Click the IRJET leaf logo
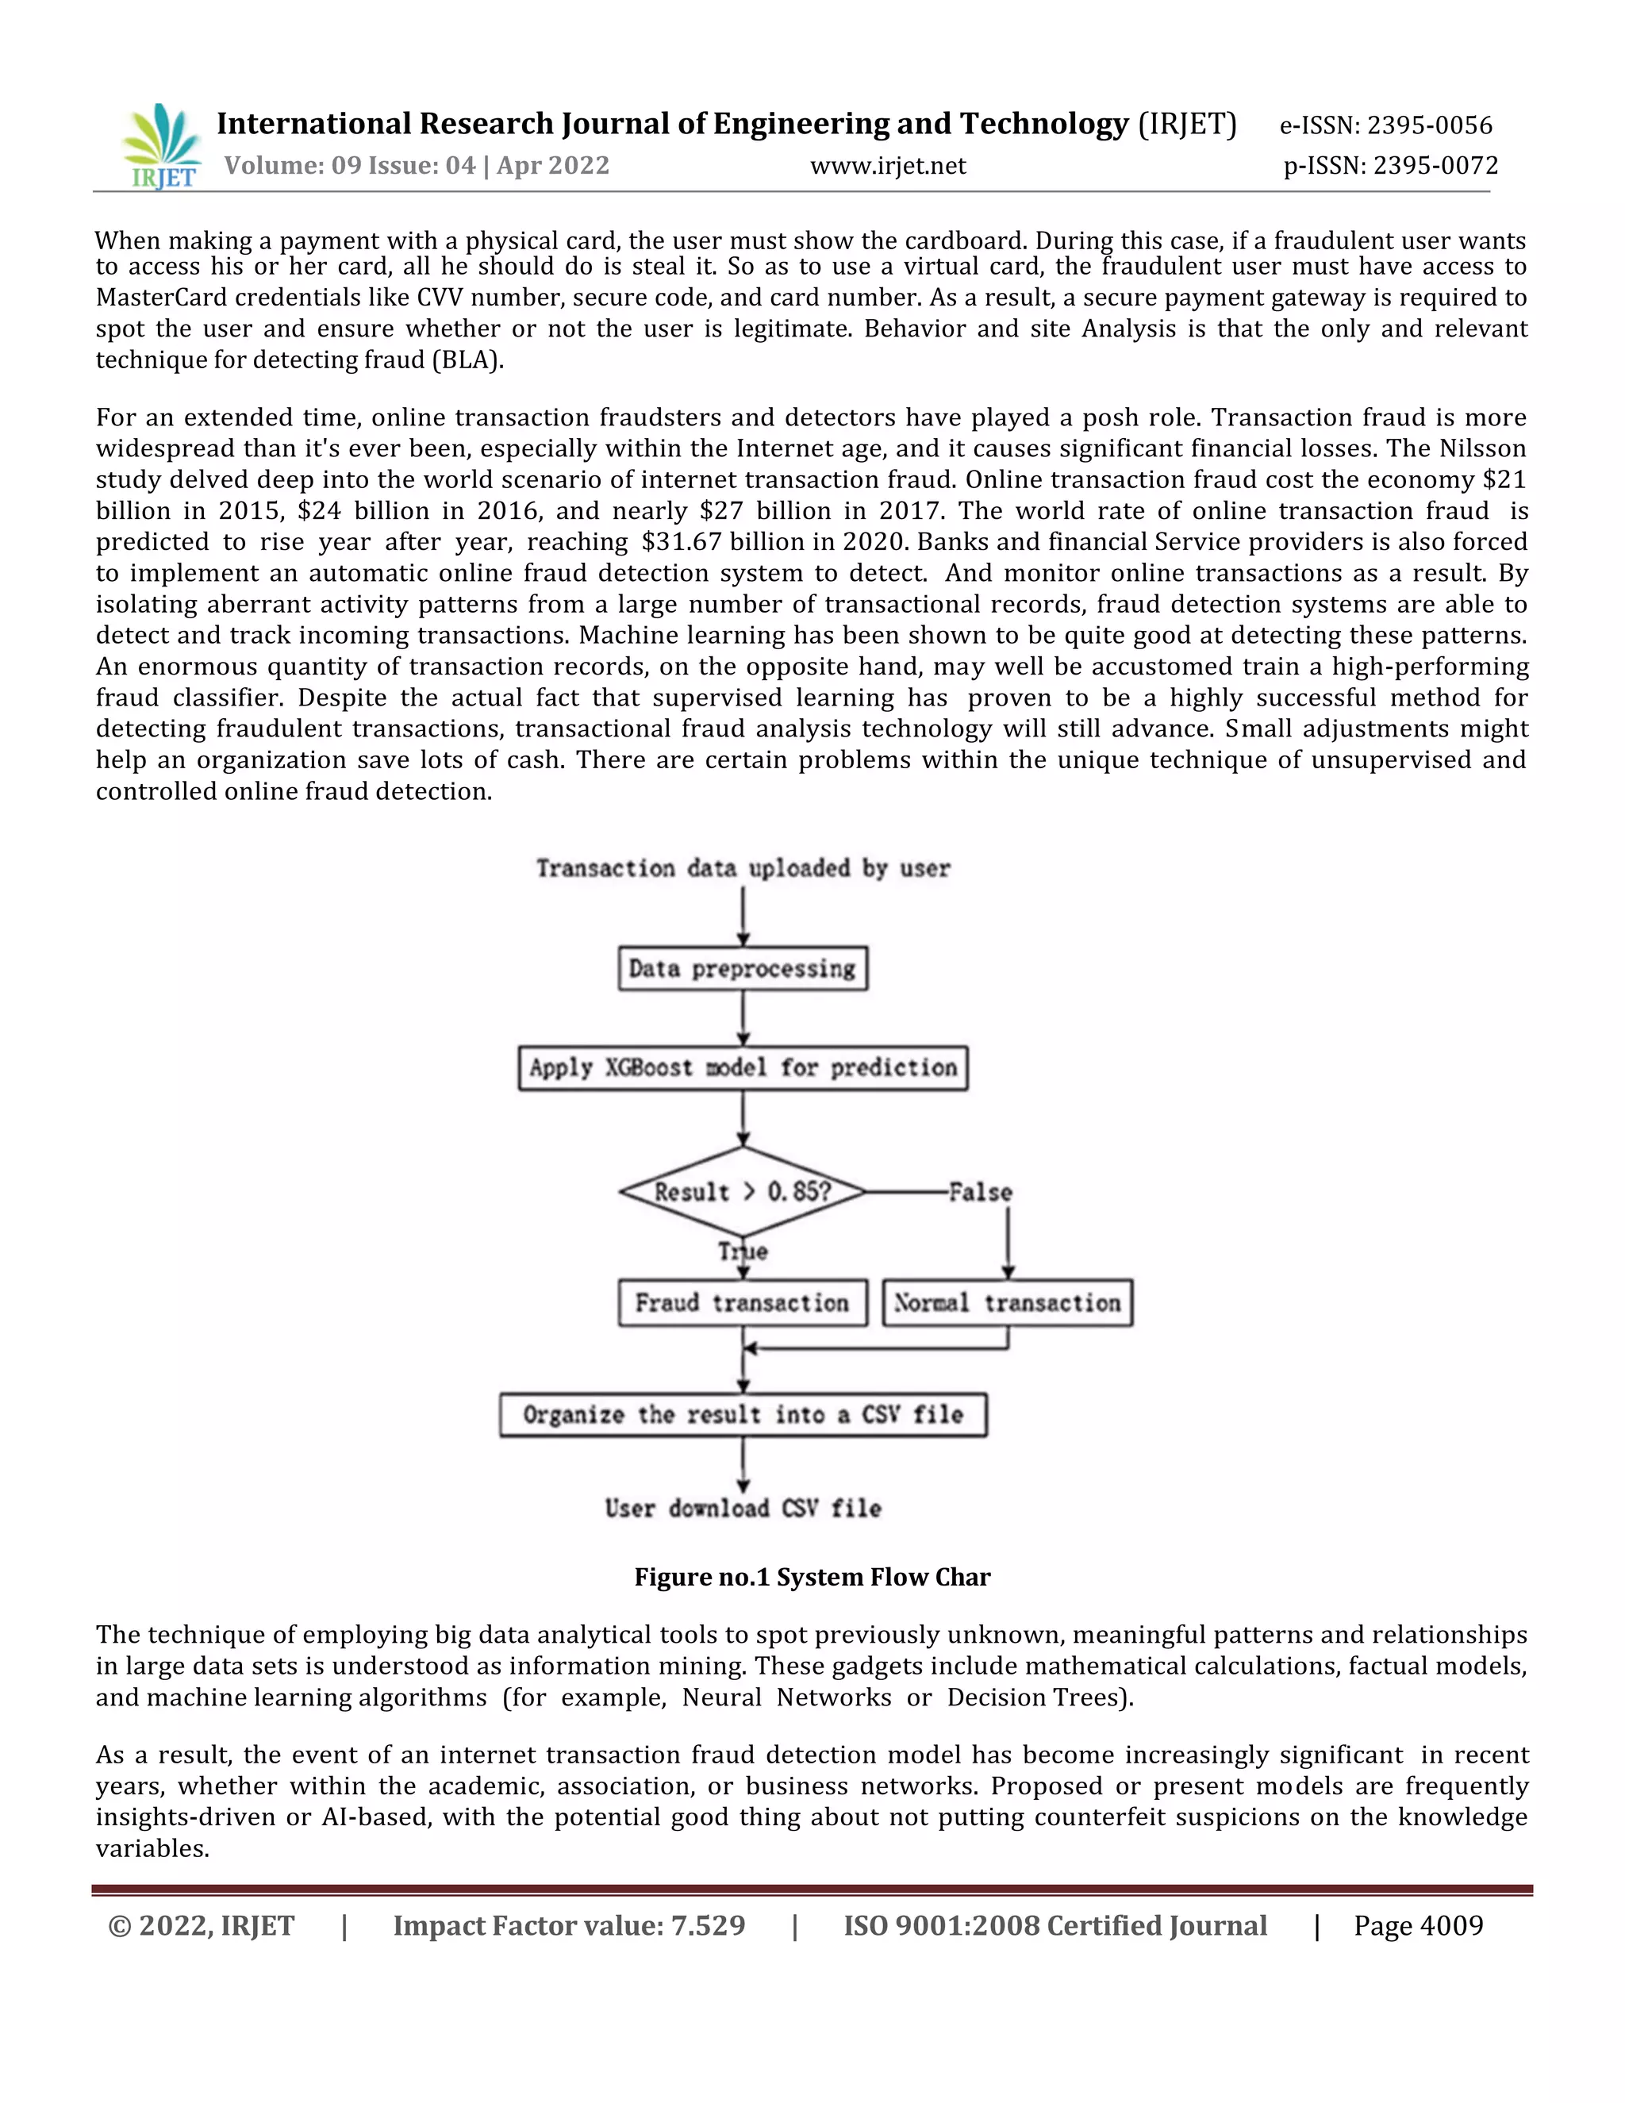[161, 145]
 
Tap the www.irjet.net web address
[888, 166]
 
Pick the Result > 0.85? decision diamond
[742, 1191]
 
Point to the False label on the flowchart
[980, 1192]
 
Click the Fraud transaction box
[742, 1303]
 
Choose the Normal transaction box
[1007, 1303]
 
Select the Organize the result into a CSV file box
[742, 1414]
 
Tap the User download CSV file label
[742, 1508]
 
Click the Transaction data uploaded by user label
[742, 868]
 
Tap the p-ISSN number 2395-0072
[1435, 166]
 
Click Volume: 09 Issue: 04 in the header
[349, 166]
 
